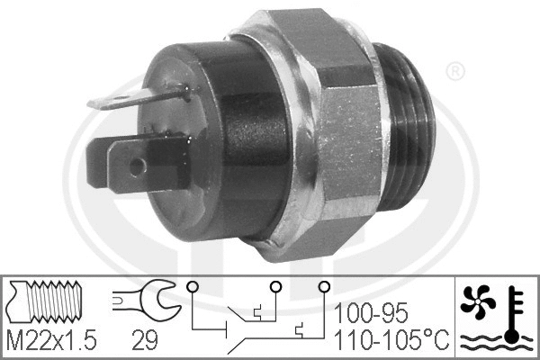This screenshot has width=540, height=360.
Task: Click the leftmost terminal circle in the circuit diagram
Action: tap(191, 287)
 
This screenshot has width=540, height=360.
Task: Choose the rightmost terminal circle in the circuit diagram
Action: tap(321, 287)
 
